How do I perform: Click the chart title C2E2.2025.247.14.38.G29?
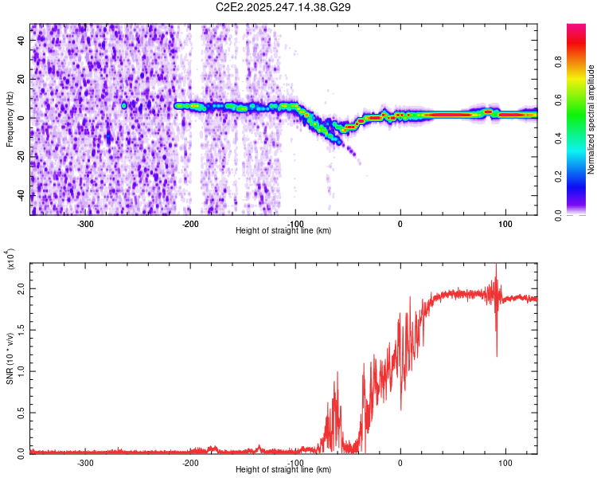click(x=283, y=7)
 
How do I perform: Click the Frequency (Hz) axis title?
click(x=10, y=119)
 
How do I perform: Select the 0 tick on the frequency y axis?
click(x=22, y=118)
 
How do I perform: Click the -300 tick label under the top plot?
click(x=86, y=222)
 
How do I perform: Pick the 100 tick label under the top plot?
click(x=505, y=222)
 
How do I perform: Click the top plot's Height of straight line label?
click(x=283, y=230)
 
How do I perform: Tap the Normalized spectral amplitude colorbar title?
click(x=591, y=119)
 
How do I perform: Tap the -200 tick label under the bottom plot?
click(x=190, y=463)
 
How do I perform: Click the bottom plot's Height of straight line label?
click(x=283, y=470)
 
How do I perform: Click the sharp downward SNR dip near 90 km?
click(x=497, y=355)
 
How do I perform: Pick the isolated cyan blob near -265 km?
click(x=124, y=105)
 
